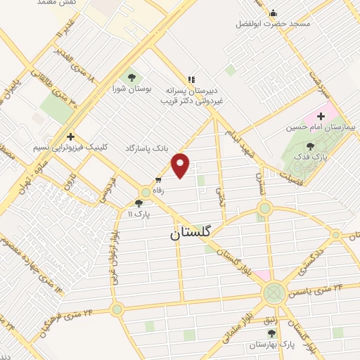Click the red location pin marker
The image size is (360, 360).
click(x=181, y=165)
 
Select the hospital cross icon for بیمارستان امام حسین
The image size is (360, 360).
click(x=321, y=115)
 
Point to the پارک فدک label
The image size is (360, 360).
click(x=310, y=157)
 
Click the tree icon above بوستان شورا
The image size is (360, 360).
click(x=130, y=77)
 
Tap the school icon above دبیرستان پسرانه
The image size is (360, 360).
click(x=190, y=79)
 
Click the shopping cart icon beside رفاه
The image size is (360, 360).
click(x=158, y=179)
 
